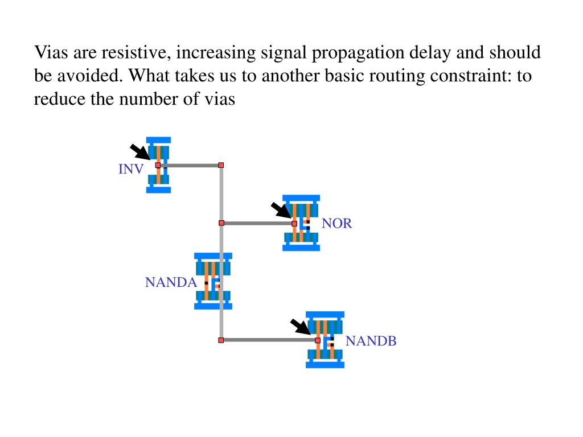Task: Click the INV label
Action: (x=131, y=169)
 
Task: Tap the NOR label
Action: (x=336, y=223)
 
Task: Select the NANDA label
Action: (x=171, y=282)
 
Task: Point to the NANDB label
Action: (x=371, y=341)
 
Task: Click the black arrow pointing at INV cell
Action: (x=140, y=152)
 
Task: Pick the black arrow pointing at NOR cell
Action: (x=281, y=211)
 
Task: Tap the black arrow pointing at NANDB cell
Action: (x=301, y=327)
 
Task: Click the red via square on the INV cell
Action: (x=158, y=165)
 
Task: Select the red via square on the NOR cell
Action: (x=294, y=223)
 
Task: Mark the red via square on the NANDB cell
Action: (x=318, y=340)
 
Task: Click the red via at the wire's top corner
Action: (x=221, y=165)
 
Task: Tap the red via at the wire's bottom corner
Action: (x=221, y=340)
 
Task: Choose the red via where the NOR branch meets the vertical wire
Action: (x=221, y=223)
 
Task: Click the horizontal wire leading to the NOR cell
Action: (x=258, y=223)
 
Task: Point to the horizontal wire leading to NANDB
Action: (x=269, y=340)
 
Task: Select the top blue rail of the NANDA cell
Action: (x=213, y=257)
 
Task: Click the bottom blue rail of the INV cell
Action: (x=158, y=190)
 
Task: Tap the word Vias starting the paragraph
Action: (x=51, y=52)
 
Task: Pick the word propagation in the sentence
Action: (x=358, y=53)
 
